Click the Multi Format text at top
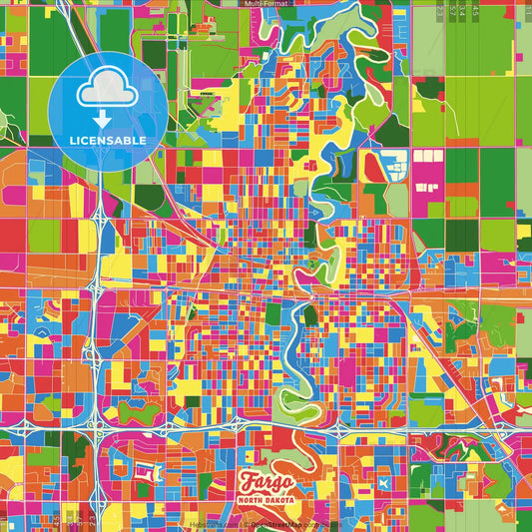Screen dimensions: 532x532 coord(266,4)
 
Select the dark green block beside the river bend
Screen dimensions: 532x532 coord(310,317)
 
